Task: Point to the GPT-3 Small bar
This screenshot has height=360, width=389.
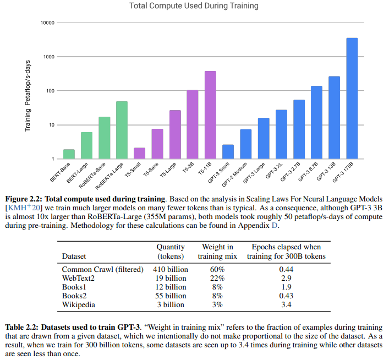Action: pos(228,151)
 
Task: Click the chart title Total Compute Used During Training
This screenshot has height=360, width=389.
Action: pos(193,6)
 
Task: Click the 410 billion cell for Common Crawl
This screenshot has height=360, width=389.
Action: pos(171,269)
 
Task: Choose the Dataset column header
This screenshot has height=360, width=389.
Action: pos(75,256)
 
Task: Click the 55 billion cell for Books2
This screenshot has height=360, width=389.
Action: pos(171,296)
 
